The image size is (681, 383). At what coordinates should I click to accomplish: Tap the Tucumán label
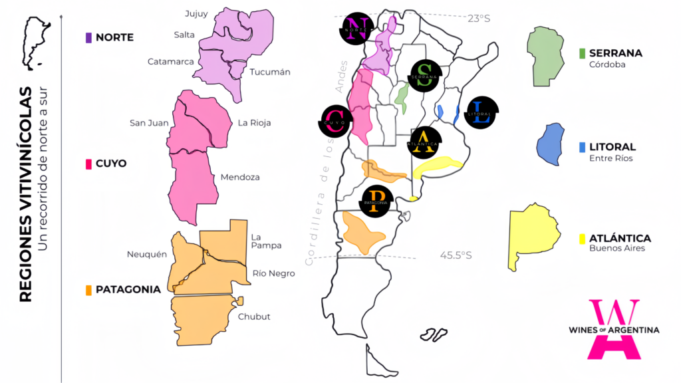pyautogui.click(x=270, y=72)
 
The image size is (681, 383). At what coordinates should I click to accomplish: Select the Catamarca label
pyautogui.click(x=171, y=61)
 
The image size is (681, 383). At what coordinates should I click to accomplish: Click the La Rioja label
pyautogui.click(x=254, y=122)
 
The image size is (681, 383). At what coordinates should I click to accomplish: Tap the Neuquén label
pyautogui.click(x=146, y=254)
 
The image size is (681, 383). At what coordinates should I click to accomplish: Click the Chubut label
pyautogui.click(x=254, y=317)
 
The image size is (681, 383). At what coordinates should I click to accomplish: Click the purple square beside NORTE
pyautogui.click(x=88, y=38)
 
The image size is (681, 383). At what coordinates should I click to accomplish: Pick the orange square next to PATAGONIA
pyautogui.click(x=88, y=290)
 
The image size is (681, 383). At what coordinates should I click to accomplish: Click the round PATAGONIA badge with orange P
pyautogui.click(x=376, y=199)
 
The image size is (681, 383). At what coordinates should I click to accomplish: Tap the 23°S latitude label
pyautogui.click(x=478, y=19)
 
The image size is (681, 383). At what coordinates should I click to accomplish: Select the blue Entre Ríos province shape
pyautogui.click(x=550, y=144)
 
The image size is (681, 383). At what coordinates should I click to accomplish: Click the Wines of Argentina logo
pyautogui.click(x=614, y=330)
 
